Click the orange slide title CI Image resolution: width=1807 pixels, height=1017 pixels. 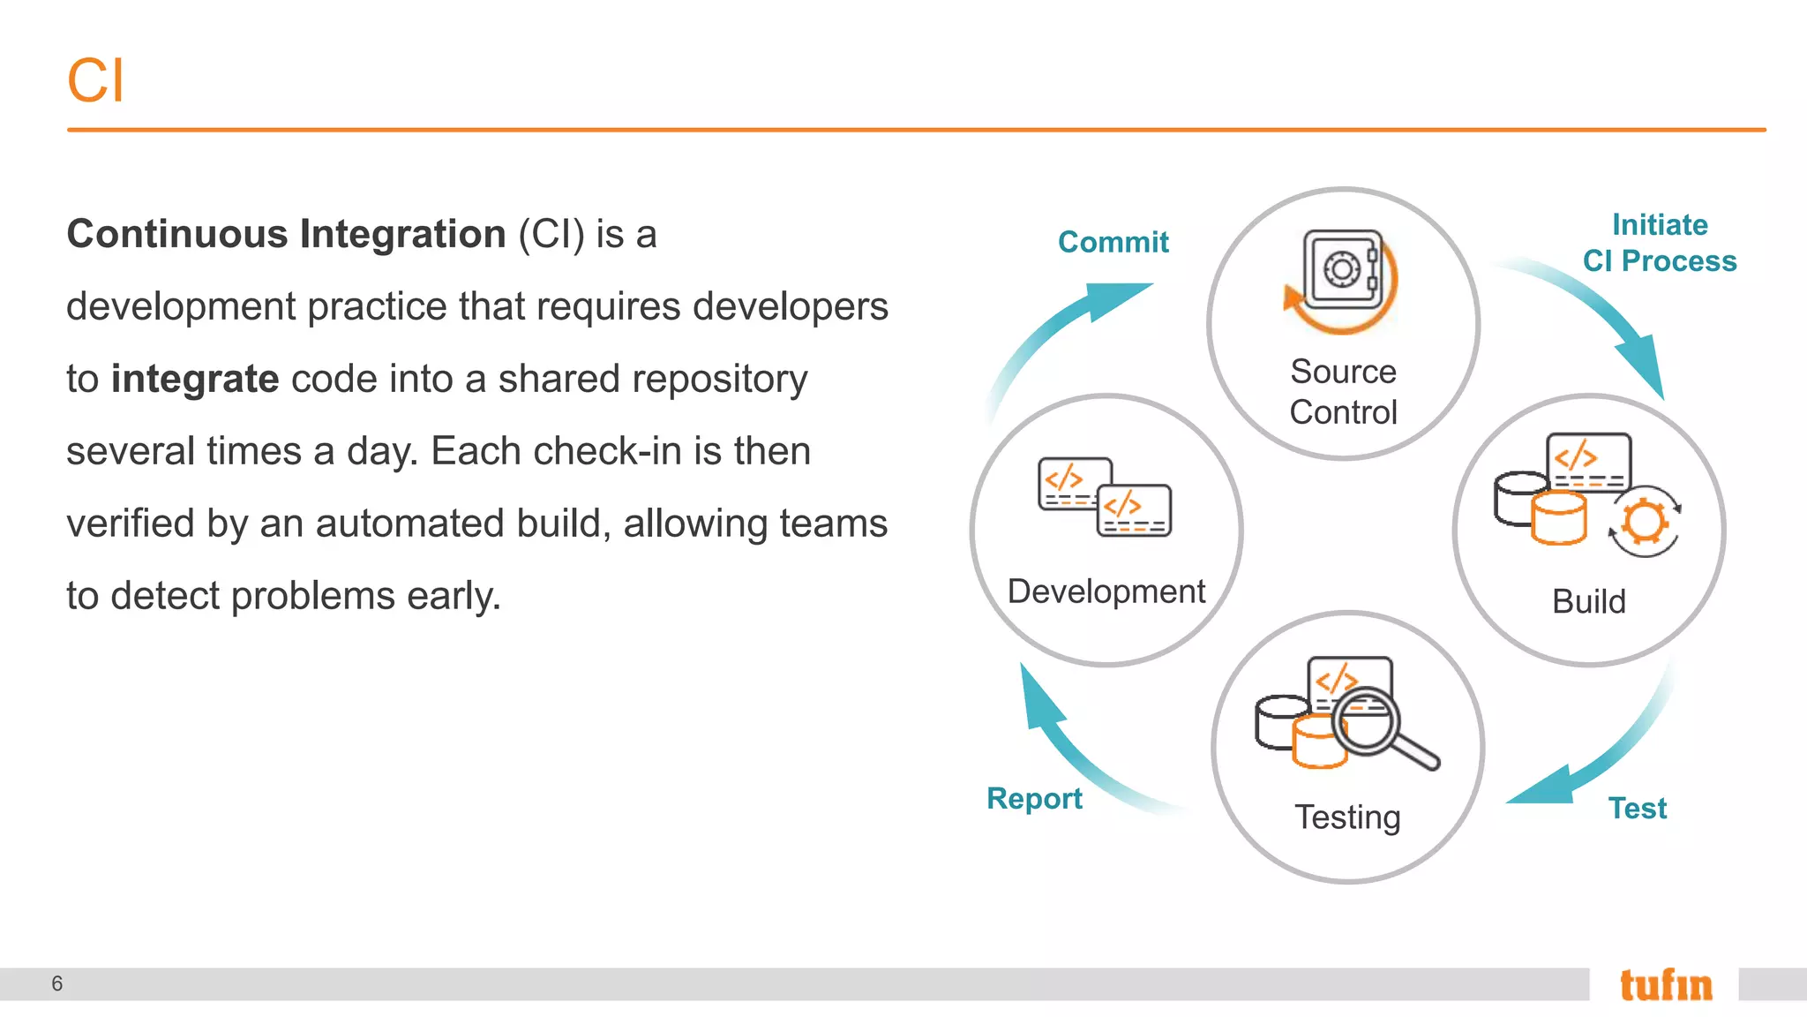pos(95,81)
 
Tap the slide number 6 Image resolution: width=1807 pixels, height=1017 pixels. pos(57,983)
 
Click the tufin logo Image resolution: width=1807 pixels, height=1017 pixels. pos(1665,984)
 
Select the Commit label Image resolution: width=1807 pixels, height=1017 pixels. pos(1113,242)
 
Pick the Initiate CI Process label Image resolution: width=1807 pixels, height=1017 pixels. pos(1659,243)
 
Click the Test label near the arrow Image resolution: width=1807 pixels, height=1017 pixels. pos(1637,808)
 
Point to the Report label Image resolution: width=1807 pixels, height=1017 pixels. pos(1034,798)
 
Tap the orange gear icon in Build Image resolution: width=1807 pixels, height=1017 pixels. pos(1644,521)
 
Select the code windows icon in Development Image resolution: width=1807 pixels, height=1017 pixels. pos(1105,497)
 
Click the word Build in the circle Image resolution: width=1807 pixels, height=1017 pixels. pos(1588,601)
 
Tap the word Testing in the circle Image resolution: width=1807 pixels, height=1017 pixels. pos(1347,817)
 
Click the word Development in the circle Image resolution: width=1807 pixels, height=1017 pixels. pos(1106,591)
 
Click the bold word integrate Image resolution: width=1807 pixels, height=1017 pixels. pos(195,379)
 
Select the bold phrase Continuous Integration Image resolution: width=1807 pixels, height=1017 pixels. pos(286,234)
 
